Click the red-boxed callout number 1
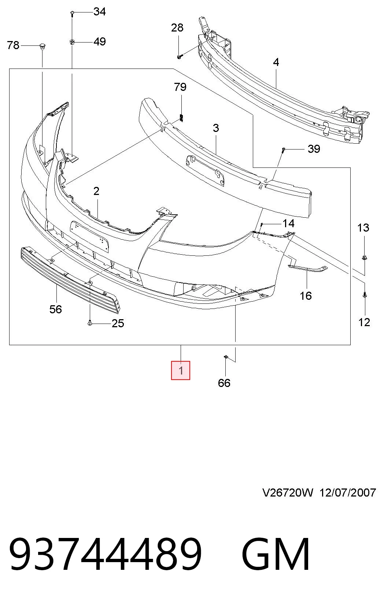coord(181,370)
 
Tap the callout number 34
coord(100,12)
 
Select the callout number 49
coord(100,42)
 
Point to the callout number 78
coord(13,45)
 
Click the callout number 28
coord(177,27)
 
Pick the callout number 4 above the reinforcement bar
coord(276,62)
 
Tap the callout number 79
coord(180,87)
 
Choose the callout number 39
coord(314,149)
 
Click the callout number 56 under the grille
coord(56,309)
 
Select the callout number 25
coord(118,323)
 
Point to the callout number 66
coord(224,383)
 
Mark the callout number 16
coord(306,296)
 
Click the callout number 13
coord(363,228)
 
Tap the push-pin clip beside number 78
coord(42,46)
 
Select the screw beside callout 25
coord(90,323)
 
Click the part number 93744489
coord(106,553)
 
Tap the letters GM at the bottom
coord(276,553)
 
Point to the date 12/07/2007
coord(348,493)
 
